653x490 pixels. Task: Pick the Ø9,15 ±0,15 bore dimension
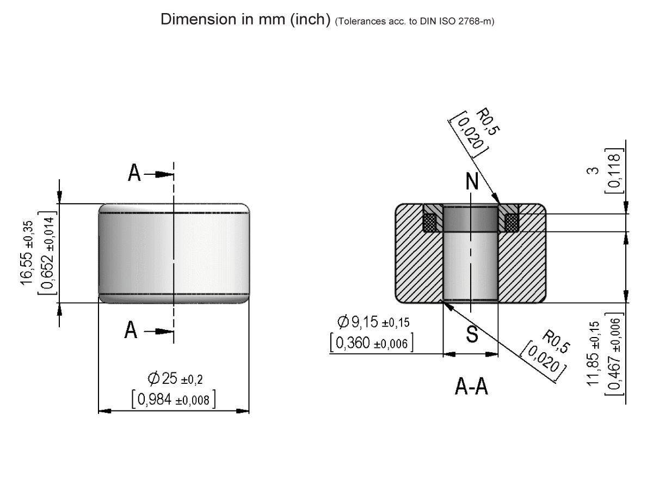373,322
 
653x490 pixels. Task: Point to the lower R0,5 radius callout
556,342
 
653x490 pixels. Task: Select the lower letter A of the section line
131,329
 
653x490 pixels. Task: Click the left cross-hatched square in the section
431,222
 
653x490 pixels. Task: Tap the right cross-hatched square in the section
512,222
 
